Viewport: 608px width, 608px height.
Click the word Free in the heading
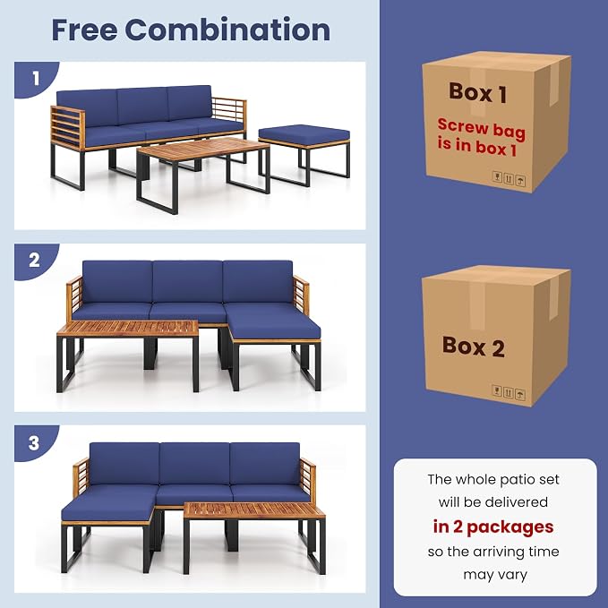(84, 30)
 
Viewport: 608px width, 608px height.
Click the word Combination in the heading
(227, 30)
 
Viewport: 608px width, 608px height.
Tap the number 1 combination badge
(36, 79)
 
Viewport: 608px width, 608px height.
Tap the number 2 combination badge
(35, 261)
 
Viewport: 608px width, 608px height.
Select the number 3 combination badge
(34, 442)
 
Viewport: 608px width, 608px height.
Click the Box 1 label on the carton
(478, 92)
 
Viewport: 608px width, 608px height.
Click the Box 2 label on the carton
(474, 347)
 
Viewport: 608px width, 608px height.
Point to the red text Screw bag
(481, 129)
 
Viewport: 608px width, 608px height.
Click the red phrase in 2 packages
(493, 527)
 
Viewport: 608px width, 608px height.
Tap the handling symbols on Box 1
(509, 179)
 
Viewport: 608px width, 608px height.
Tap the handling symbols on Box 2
(509, 392)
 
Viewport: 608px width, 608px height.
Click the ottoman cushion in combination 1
(304, 134)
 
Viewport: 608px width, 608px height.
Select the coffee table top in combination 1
(203, 149)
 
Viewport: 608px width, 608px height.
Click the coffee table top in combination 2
(127, 329)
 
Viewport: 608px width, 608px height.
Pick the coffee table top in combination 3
(254, 510)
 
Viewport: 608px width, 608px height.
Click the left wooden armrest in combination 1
(67, 128)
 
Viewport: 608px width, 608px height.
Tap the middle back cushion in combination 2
(188, 281)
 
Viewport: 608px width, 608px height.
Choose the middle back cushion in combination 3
(194, 463)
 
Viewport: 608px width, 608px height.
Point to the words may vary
(495, 575)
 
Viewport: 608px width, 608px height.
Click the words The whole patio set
(493, 480)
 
